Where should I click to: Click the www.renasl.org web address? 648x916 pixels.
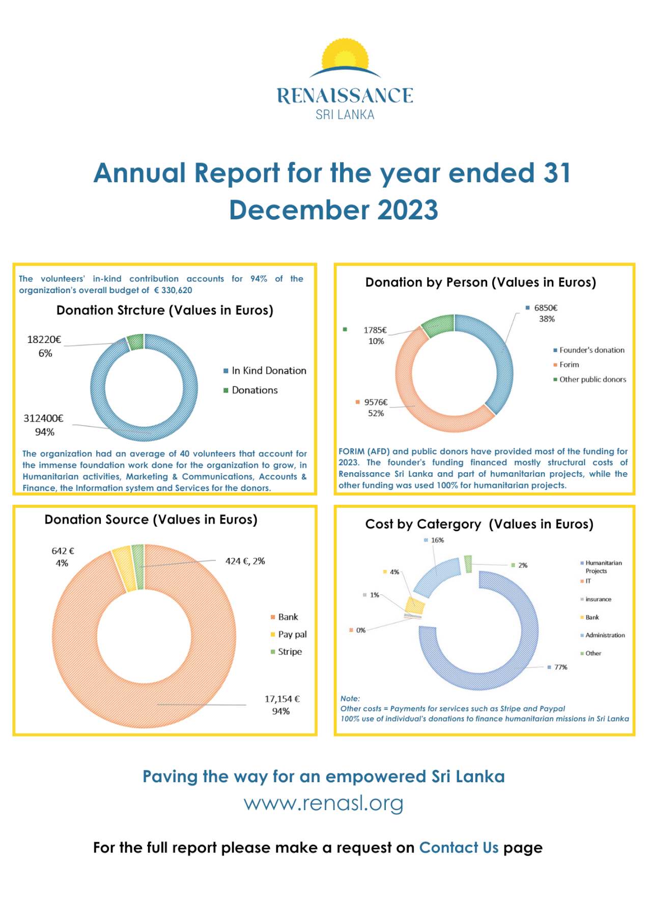click(x=324, y=803)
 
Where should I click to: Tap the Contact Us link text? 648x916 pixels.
click(x=459, y=847)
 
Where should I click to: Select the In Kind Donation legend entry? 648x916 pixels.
click(x=265, y=370)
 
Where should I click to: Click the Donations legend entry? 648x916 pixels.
click(x=250, y=390)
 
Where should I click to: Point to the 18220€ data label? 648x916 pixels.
click(x=44, y=339)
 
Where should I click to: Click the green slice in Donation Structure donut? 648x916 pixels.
click(x=135, y=342)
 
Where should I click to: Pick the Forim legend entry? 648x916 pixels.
click(x=566, y=364)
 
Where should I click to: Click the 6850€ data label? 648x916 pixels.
click(x=546, y=307)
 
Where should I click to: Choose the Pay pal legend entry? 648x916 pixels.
click(x=289, y=634)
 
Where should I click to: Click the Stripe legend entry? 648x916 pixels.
click(x=286, y=651)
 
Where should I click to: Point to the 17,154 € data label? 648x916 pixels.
click(x=282, y=699)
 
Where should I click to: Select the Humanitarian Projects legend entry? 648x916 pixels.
click(x=601, y=566)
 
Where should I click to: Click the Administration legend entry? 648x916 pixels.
click(x=603, y=635)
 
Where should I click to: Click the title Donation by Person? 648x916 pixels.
click(x=481, y=282)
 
